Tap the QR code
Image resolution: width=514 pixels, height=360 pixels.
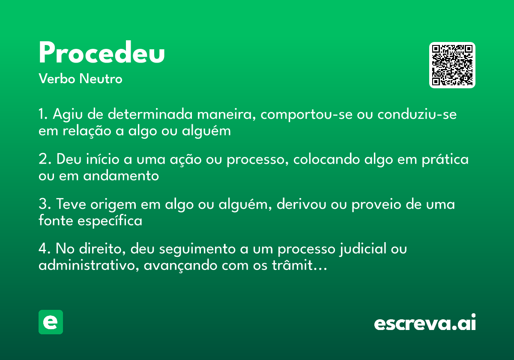pos(452,65)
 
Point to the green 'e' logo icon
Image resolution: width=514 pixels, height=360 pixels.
pos(51,322)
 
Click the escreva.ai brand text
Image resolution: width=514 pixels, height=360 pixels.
pos(425,323)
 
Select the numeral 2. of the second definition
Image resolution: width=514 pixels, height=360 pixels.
pos(45,159)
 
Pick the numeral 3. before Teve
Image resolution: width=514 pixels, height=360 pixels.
pos(45,204)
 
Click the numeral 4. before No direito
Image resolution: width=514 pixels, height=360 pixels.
pos(45,249)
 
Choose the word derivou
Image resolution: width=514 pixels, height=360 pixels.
pos(302,204)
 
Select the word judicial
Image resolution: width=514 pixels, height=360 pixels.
pos(361,249)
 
